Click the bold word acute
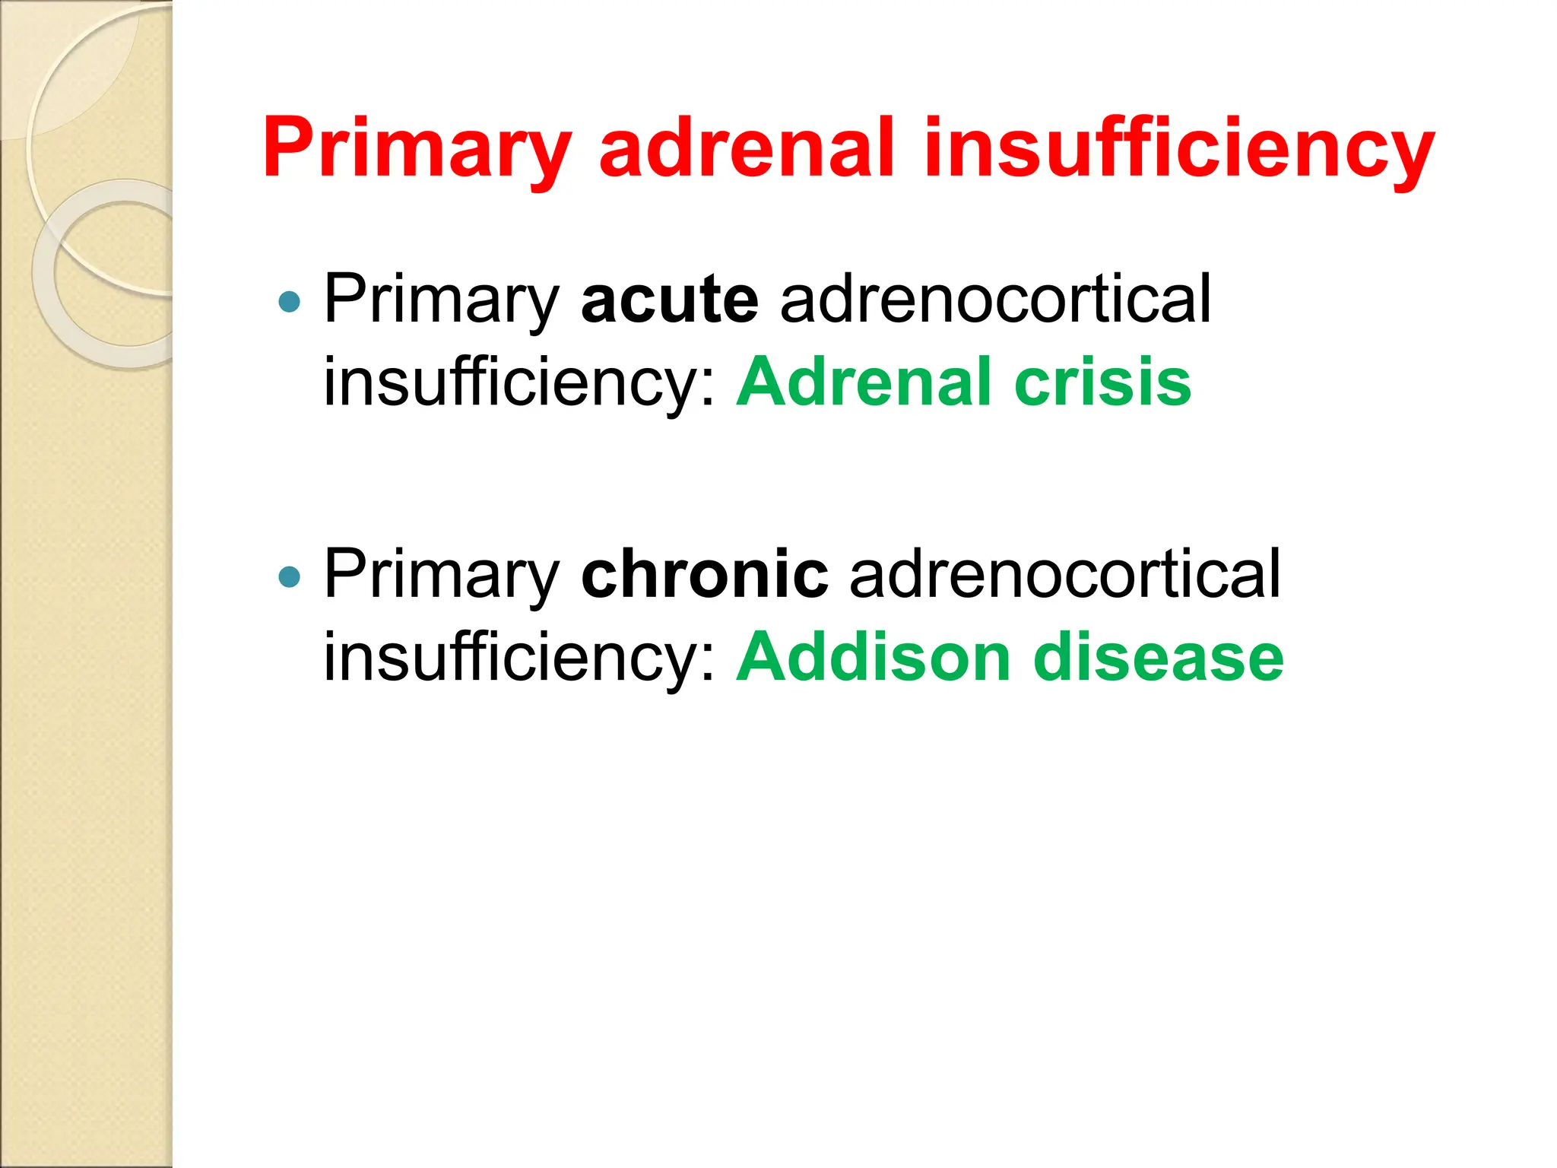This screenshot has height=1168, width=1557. [669, 300]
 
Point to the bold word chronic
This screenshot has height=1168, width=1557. [704, 575]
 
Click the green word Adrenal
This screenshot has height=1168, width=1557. [864, 382]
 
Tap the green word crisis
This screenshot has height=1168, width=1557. [1102, 382]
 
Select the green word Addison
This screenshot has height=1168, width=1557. [874, 657]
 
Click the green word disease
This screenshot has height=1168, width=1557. [1159, 657]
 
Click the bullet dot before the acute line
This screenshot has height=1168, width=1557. [290, 303]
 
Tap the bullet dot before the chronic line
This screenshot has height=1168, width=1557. [290, 577]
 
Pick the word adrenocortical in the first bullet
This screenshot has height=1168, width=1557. [995, 300]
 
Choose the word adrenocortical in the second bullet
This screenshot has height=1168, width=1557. [1065, 575]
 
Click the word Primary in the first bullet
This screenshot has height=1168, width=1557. [442, 300]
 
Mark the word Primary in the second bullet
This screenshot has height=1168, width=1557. [442, 575]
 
